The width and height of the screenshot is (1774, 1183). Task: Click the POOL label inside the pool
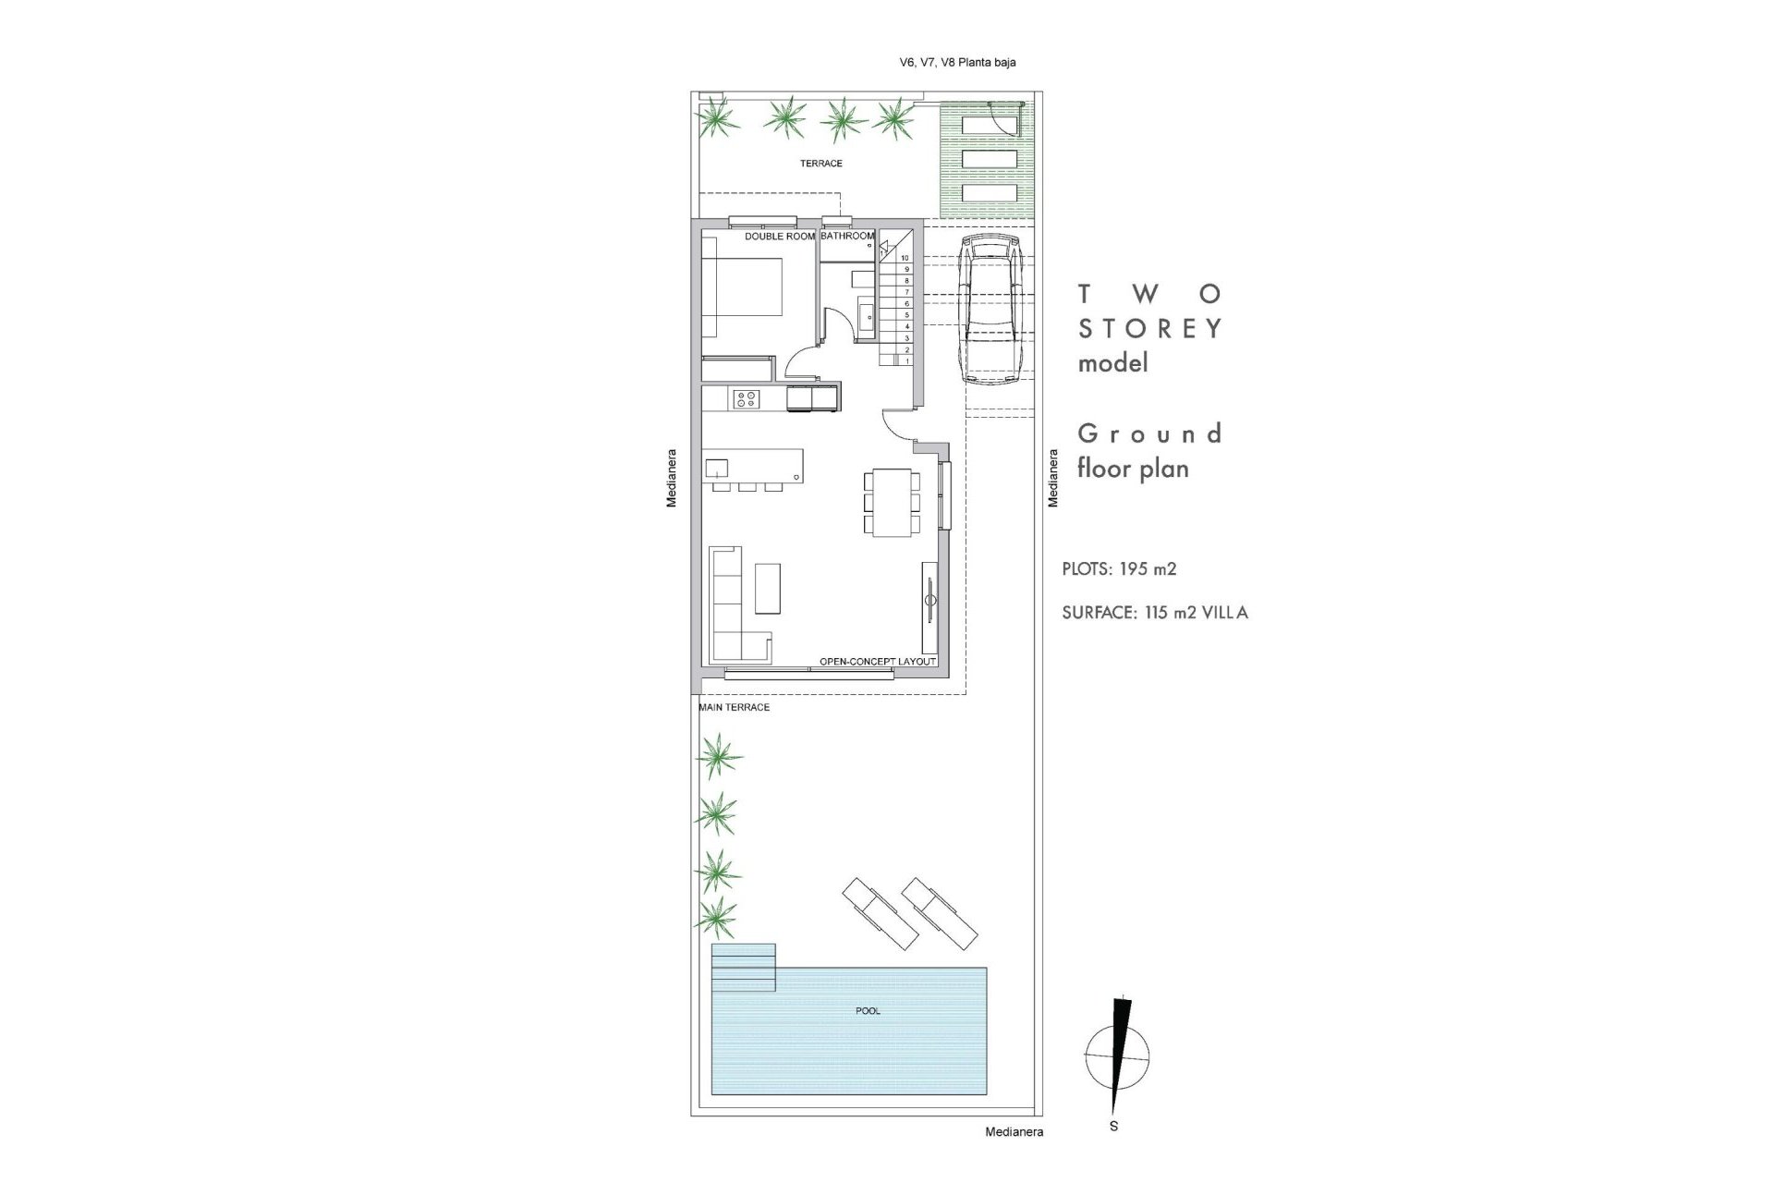pyautogui.click(x=868, y=1011)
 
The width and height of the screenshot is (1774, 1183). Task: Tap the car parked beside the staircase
pyautogui.click(x=989, y=310)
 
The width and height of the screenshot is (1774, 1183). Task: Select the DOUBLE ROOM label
pyautogui.click(x=780, y=237)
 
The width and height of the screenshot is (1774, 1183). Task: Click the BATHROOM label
pyautogui.click(x=847, y=237)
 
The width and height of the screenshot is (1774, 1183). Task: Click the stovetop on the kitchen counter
pyautogui.click(x=746, y=399)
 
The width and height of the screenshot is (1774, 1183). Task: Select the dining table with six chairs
pyautogui.click(x=893, y=503)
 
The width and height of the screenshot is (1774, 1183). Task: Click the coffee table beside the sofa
pyautogui.click(x=767, y=589)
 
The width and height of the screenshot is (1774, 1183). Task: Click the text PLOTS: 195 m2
pyautogui.click(x=1119, y=569)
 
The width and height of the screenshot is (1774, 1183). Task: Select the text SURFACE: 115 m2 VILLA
pyautogui.click(x=1155, y=613)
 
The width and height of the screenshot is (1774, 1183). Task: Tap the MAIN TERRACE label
pyautogui.click(x=735, y=708)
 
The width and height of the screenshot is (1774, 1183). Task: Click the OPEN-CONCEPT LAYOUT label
pyautogui.click(x=878, y=662)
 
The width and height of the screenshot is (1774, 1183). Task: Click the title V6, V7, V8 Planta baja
pyautogui.click(x=957, y=63)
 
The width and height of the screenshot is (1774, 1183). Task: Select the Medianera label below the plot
pyautogui.click(x=1014, y=1131)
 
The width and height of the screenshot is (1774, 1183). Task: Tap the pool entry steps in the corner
pyautogui.click(x=744, y=966)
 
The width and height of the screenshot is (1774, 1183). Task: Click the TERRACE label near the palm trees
pyautogui.click(x=820, y=164)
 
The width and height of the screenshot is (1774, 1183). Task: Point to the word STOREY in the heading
pyautogui.click(x=1150, y=329)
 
